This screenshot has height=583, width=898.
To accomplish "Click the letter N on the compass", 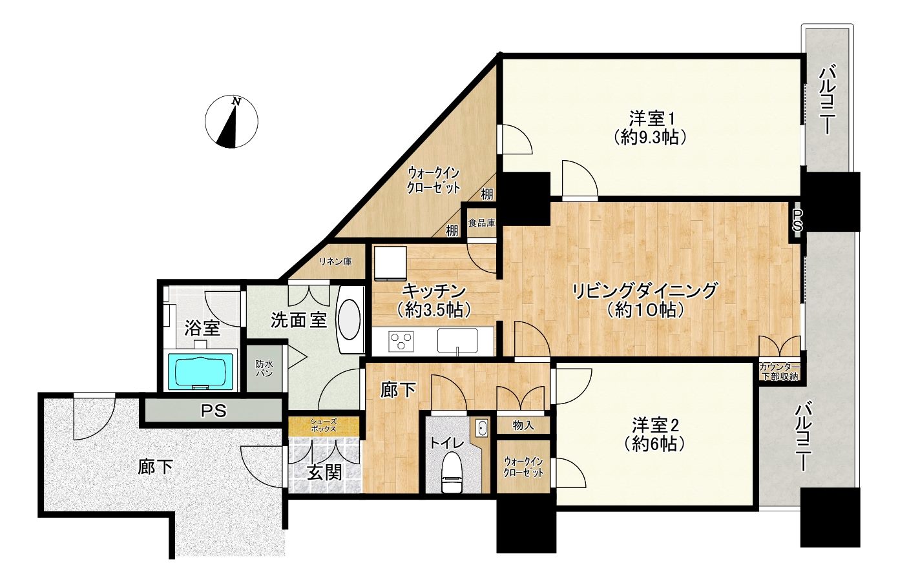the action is pyautogui.click(x=237, y=102).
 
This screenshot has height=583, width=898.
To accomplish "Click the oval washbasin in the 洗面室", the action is pyautogui.click(x=350, y=320).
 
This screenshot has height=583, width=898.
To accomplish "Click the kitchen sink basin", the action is pyautogui.click(x=457, y=342).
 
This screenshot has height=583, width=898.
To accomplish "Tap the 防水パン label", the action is pyautogui.click(x=264, y=369).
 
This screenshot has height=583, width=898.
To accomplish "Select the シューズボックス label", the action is pyautogui.click(x=323, y=425).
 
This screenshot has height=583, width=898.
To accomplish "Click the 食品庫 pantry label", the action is pyautogui.click(x=481, y=223).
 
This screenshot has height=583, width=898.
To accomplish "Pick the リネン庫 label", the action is pyautogui.click(x=335, y=261).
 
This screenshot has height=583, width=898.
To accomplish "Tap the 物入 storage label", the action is pyautogui.click(x=523, y=425).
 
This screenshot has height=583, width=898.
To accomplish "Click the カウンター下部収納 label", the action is pyautogui.click(x=779, y=371).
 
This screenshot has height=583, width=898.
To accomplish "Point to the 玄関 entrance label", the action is pyautogui.click(x=325, y=473).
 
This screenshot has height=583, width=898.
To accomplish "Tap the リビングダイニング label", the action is pyautogui.click(x=644, y=291).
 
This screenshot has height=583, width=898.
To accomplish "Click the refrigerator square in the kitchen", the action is pyautogui.click(x=390, y=263).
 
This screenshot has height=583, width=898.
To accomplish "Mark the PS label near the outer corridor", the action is pyautogui.click(x=213, y=411).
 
